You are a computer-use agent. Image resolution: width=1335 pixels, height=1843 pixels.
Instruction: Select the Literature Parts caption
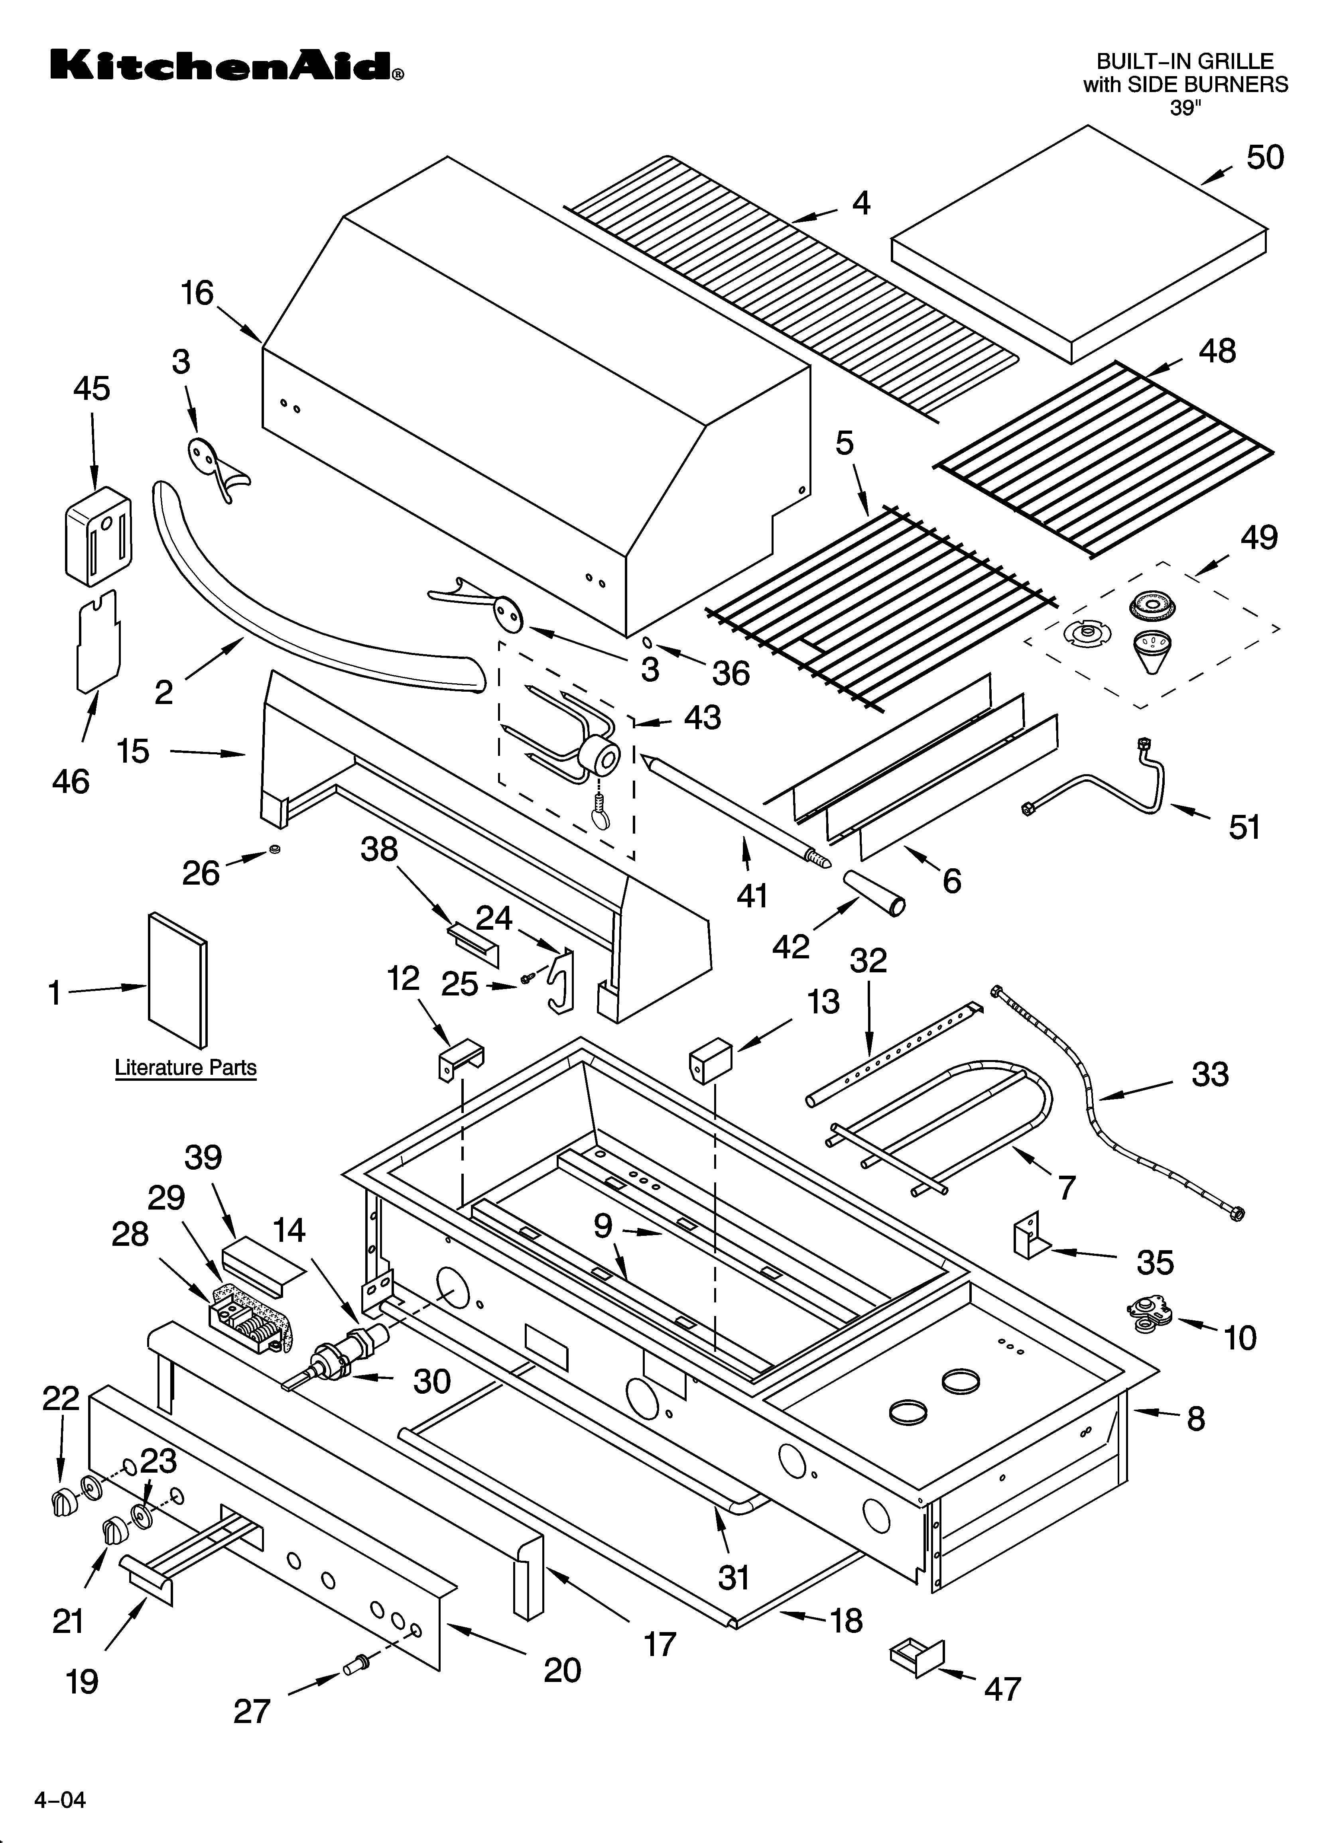click(x=185, y=1067)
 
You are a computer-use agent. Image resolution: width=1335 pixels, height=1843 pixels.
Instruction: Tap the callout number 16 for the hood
click(x=197, y=293)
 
